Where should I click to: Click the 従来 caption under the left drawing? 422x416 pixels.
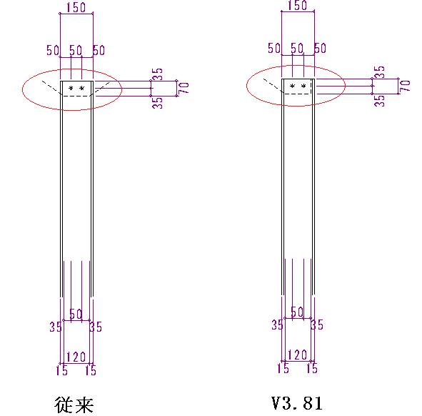[74, 404]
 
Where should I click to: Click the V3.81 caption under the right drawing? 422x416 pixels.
[296, 403]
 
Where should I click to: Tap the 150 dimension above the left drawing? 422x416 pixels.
[76, 8]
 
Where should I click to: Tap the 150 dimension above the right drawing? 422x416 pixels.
[297, 6]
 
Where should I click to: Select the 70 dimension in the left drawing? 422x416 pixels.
[184, 88]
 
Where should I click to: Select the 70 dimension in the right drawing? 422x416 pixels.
[405, 86]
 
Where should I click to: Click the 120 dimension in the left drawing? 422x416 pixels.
[76, 357]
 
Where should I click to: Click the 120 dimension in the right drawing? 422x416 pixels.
[297, 355]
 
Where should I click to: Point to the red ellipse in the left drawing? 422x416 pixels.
[72, 69]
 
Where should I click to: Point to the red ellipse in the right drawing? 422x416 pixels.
[296, 66]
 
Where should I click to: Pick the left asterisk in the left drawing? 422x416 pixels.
[71, 89]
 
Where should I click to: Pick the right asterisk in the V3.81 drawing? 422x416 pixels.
[303, 86]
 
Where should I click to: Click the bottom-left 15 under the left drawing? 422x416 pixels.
[61, 370]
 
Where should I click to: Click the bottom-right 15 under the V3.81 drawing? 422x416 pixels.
[312, 368]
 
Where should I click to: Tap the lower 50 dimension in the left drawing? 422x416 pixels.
[76, 315]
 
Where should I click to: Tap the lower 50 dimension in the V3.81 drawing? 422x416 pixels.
[297, 312]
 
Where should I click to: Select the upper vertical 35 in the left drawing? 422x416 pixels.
[158, 74]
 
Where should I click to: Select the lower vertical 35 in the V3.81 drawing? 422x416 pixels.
[379, 101]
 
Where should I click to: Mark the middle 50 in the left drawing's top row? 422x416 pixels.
[76, 50]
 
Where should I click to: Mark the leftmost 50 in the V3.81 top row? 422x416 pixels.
[274, 48]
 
